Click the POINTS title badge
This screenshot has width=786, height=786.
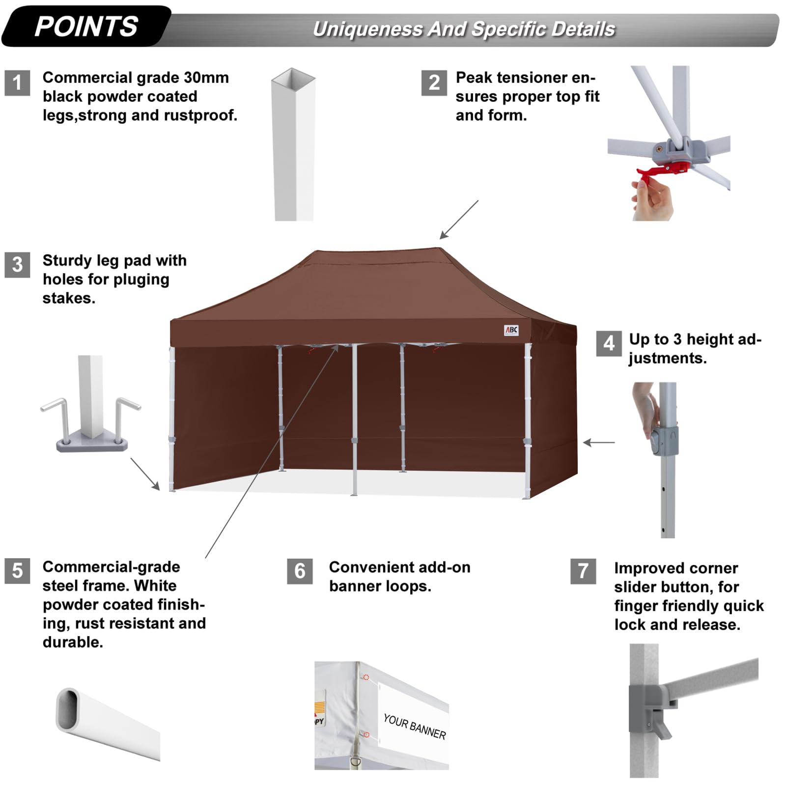point(86,26)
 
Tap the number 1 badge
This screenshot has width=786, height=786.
point(17,83)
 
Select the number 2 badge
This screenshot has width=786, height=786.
point(434,83)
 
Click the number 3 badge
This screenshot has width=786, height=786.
point(17,265)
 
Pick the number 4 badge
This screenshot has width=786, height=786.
point(609,343)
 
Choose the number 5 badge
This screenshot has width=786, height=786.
point(17,571)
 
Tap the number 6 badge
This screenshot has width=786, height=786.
point(300,571)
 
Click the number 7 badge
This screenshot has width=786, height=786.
point(583,571)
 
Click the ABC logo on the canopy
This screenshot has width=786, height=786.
point(511,330)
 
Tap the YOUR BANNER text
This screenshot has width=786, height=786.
point(415,727)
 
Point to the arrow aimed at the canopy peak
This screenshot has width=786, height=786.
point(458,219)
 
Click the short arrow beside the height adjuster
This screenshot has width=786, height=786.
point(599,443)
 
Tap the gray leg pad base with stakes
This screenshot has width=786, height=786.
point(92,444)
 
